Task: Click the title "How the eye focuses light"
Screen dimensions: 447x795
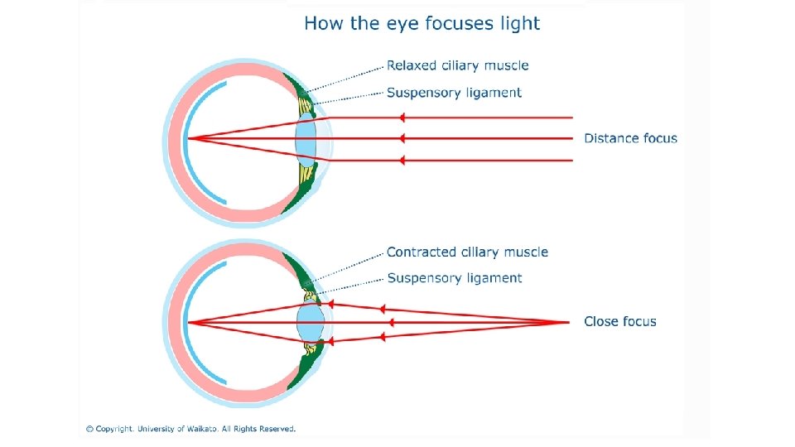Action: pyautogui.click(x=422, y=23)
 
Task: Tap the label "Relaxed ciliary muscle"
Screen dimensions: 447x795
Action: pyautogui.click(x=457, y=65)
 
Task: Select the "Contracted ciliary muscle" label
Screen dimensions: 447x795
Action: pyautogui.click(x=467, y=252)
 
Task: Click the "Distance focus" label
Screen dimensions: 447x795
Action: pyautogui.click(x=630, y=138)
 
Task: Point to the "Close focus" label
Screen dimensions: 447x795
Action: pyautogui.click(x=619, y=321)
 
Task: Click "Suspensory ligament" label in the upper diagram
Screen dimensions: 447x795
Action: pyautogui.click(x=454, y=93)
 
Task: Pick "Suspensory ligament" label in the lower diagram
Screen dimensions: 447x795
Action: pyautogui.click(x=455, y=278)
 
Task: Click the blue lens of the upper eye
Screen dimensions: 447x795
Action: pyautogui.click(x=306, y=138)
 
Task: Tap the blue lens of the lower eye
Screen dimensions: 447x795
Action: pyautogui.click(x=310, y=321)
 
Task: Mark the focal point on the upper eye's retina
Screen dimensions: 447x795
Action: pyautogui.click(x=188, y=138)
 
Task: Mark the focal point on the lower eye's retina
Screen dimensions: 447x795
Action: pyautogui.click(x=188, y=321)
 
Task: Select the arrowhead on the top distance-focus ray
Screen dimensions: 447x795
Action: pyautogui.click(x=401, y=118)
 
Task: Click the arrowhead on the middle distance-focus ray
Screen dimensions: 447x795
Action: pyautogui.click(x=401, y=138)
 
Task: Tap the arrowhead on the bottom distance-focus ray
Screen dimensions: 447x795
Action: pyautogui.click(x=401, y=160)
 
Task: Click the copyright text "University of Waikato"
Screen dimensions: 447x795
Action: pyautogui.click(x=191, y=429)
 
